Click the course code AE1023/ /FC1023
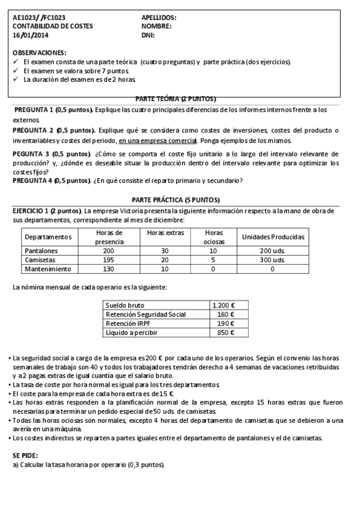(x=39, y=18)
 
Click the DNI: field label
(x=148, y=35)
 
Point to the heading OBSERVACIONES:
(x=40, y=53)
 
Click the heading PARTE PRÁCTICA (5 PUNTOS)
(x=175, y=200)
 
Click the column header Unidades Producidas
(x=273, y=237)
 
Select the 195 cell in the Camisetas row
(x=109, y=260)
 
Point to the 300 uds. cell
(x=273, y=260)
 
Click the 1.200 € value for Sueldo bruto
(x=224, y=306)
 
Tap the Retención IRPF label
(x=129, y=324)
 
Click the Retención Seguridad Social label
(x=145, y=315)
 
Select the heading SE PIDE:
(x=27, y=456)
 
